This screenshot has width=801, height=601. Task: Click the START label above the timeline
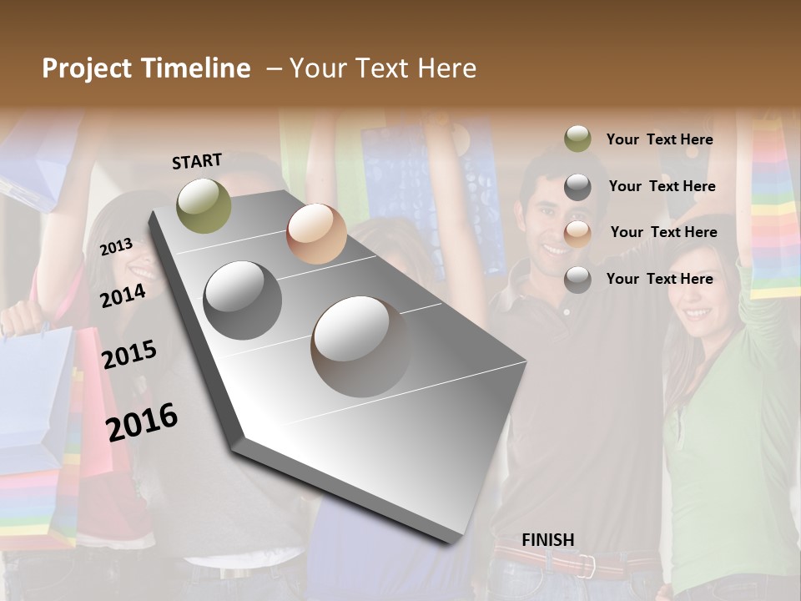(197, 161)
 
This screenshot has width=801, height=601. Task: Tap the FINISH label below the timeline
(548, 540)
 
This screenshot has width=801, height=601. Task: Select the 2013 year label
(117, 247)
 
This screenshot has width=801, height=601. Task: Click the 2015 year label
(129, 355)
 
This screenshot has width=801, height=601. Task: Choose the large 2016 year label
(142, 421)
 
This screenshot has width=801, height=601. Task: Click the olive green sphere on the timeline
(204, 205)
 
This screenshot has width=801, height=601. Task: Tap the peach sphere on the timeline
(316, 234)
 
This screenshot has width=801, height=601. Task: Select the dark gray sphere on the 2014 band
(243, 300)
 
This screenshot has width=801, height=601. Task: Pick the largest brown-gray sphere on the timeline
(362, 346)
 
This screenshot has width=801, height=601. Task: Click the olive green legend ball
(577, 139)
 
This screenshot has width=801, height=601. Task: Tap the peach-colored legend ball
(577, 233)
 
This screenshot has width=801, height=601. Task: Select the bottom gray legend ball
(577, 280)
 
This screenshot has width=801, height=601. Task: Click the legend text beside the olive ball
(660, 140)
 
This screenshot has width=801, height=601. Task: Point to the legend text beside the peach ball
(663, 232)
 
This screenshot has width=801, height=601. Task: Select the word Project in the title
(85, 68)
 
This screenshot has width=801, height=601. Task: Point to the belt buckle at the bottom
(587, 567)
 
